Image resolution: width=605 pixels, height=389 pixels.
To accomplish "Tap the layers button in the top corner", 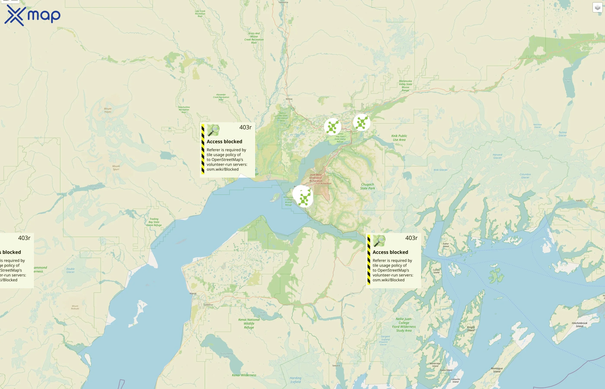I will [597, 8].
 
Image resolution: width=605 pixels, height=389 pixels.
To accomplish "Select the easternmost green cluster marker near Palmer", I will [361, 122].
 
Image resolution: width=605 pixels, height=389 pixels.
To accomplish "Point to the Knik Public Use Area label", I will [399, 138].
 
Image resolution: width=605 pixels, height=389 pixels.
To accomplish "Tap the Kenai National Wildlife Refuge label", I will [249, 323].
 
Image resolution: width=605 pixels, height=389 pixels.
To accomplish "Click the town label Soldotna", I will [208, 305].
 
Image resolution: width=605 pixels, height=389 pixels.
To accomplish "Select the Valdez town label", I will [579, 201].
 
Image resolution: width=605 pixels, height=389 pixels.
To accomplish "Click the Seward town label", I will [336, 365].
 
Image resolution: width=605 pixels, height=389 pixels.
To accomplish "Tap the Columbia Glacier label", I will [525, 176].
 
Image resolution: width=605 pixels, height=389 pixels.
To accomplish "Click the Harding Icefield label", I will [295, 380].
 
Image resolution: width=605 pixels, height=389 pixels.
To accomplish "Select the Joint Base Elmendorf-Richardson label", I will [316, 178].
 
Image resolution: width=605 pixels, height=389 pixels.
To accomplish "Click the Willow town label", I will [289, 99].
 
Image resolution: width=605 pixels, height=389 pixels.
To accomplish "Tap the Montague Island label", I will [497, 370].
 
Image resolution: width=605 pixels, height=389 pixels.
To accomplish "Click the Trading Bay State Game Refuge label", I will [154, 222].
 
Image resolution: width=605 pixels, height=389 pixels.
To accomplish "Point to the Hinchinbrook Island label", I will [579, 325].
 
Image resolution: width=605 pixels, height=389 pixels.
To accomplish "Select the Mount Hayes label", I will [108, 110].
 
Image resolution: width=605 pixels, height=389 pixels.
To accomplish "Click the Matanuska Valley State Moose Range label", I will [405, 86].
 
